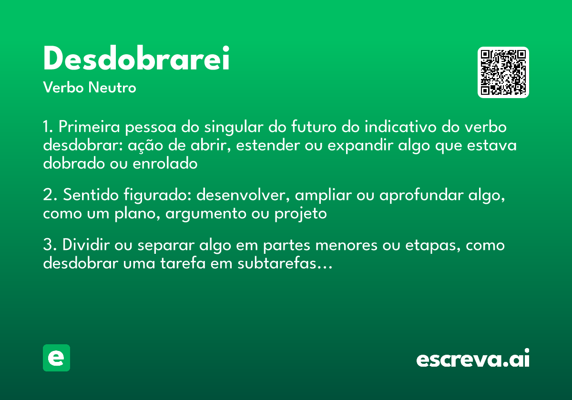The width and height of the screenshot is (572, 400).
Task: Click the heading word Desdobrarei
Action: (136, 59)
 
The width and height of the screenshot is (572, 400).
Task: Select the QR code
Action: (503, 72)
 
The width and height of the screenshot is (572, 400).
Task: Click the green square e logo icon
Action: (56, 358)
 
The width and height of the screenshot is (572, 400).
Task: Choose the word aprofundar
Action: (427, 195)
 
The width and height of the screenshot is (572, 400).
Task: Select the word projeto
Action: (300, 214)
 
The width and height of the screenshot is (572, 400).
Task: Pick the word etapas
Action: (433, 247)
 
